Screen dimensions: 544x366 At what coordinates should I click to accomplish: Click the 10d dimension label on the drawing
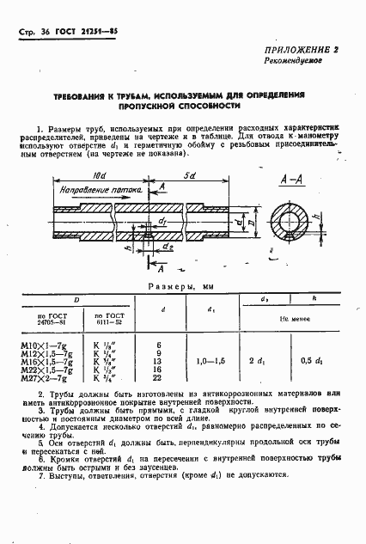click(98, 176)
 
